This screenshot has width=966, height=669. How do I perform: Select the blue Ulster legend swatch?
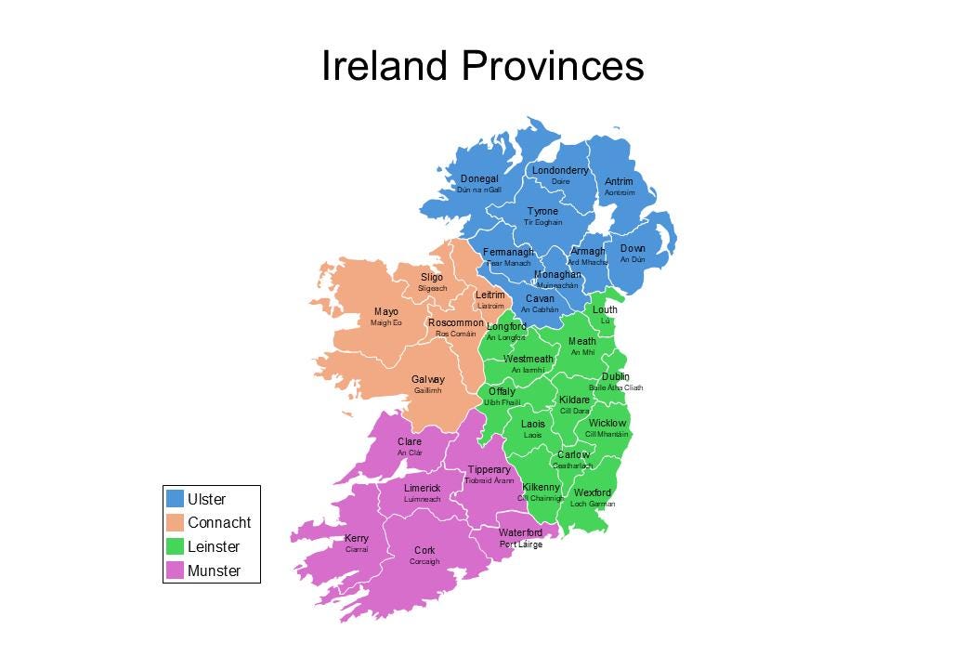(175, 499)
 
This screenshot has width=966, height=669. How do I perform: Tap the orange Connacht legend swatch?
(175, 523)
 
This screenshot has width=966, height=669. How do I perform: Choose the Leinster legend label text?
(214, 547)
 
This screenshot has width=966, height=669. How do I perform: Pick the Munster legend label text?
(214, 571)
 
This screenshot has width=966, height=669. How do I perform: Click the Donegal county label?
(479, 178)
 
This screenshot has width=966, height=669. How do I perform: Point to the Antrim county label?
(619, 181)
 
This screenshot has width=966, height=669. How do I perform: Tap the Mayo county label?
(386, 312)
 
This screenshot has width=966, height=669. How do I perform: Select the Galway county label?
(428, 380)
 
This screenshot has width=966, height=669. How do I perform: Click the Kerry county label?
(357, 539)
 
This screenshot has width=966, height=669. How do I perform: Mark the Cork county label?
(424, 551)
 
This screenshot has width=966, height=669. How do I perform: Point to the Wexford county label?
(593, 492)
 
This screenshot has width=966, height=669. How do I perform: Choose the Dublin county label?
(616, 376)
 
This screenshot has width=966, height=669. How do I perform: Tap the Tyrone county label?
(543, 212)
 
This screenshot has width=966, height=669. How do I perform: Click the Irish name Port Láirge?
(521, 544)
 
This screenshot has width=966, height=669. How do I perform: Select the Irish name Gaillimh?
(427, 391)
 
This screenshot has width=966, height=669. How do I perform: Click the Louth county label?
(605, 309)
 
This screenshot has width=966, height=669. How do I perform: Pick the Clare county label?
(410, 442)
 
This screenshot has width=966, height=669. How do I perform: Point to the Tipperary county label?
(489, 470)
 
